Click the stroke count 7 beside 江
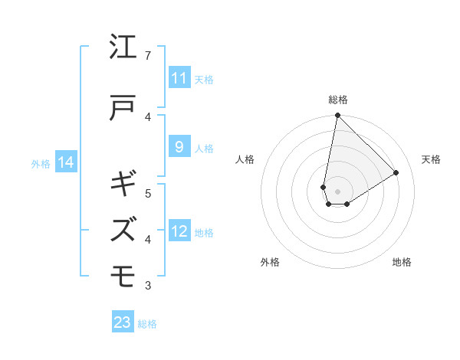[x=148, y=56]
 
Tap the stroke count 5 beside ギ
[x=148, y=193]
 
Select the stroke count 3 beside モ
[x=148, y=286]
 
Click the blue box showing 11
[x=179, y=78]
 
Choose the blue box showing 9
[x=179, y=147]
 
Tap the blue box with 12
[x=179, y=231]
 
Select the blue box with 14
[x=66, y=162]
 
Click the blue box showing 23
[x=123, y=322]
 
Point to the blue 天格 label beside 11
[x=204, y=79]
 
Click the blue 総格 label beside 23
[x=147, y=324]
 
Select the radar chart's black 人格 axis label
[x=245, y=159]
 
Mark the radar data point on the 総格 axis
[x=337, y=116]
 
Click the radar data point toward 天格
[x=396, y=173]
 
